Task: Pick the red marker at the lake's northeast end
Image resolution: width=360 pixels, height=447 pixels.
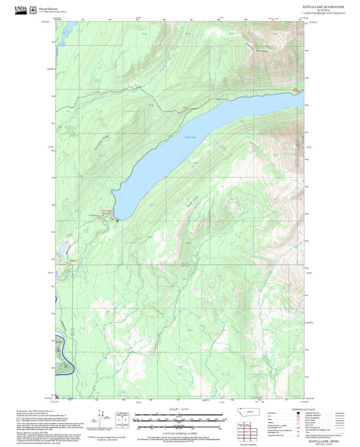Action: (294, 90)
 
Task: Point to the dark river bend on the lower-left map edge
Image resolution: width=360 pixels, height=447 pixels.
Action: (59, 346)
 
